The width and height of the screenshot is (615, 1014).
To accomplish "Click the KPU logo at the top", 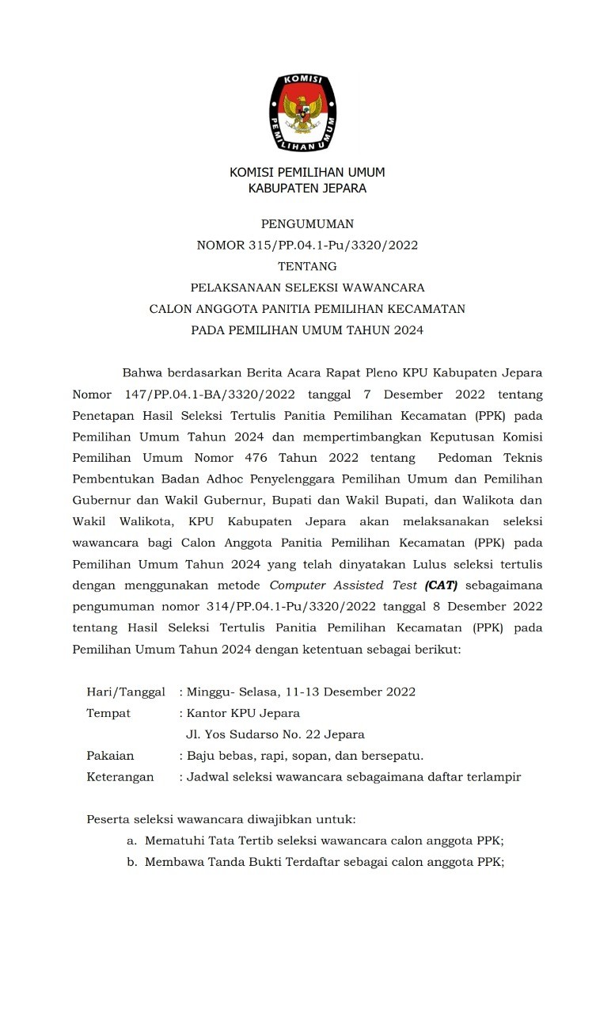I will point(306,111).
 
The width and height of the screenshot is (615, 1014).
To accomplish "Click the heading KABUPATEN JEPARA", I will point(307,189).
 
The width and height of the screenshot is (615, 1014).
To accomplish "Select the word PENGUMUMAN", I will point(307,224).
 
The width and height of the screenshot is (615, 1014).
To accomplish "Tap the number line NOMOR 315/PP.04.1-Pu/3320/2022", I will point(307,246).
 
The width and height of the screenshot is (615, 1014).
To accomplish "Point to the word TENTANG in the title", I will point(307,266).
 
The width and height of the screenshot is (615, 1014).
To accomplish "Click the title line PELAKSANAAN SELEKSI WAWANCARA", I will point(307,288).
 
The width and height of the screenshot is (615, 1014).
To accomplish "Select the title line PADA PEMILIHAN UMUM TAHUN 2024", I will point(307,330).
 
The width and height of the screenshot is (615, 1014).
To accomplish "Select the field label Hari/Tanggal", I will point(126,692).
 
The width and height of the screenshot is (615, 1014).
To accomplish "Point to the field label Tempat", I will point(108,713).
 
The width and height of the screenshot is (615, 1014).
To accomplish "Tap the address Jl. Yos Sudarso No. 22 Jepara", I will point(275,734).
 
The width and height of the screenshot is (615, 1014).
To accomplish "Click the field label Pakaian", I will point(110,756).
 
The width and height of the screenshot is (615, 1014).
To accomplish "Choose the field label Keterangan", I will point(120,777).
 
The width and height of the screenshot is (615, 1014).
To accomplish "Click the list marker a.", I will point(131,841).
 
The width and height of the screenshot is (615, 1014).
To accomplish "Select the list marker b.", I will point(131,863).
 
